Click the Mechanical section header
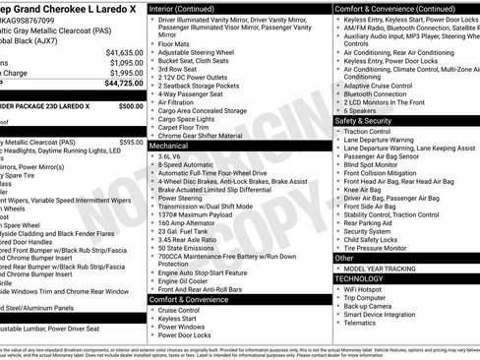tap(175, 145)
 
